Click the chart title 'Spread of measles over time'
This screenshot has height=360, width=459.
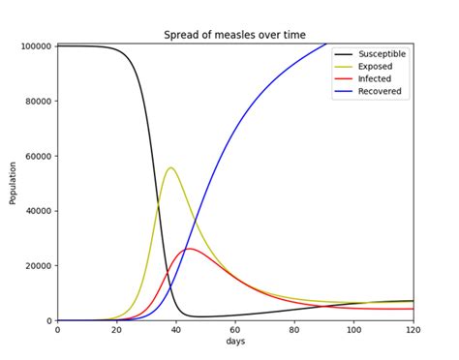[234, 35]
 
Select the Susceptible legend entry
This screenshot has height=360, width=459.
[383, 54]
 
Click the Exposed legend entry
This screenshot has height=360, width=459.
[378, 67]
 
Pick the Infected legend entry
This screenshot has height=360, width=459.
[378, 79]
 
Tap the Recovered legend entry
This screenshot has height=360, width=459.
[382, 92]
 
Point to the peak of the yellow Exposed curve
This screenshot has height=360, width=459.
[171, 167]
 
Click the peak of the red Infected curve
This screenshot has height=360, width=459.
[189, 249]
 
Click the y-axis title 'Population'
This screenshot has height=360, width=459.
[13, 182]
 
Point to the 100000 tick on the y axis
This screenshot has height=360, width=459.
[34, 46]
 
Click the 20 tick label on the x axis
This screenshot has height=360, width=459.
[116, 331]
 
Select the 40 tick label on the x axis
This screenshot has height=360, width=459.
[176, 331]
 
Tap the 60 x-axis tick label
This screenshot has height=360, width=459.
[235, 331]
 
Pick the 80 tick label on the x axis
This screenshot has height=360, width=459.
[294, 331]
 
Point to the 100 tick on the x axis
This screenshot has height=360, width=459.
[353, 331]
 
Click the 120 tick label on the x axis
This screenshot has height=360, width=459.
[413, 331]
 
